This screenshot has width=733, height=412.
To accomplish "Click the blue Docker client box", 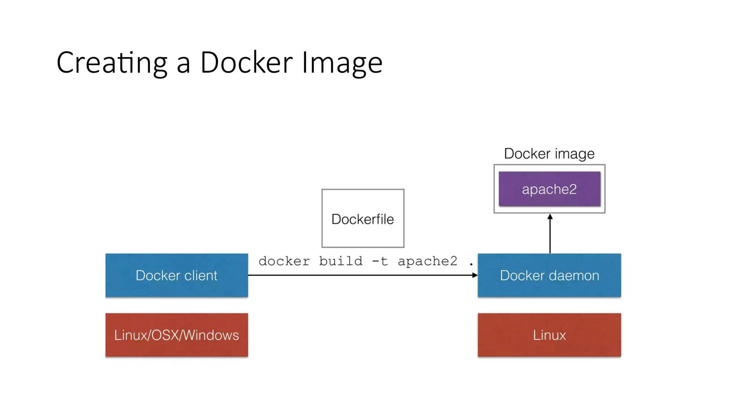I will (176, 275).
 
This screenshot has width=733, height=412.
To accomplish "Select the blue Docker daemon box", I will (549, 275).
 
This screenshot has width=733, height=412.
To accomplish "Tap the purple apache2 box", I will (549, 189).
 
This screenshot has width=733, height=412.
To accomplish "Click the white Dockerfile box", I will (363, 219).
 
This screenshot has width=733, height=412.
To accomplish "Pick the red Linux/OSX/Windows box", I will (176, 335).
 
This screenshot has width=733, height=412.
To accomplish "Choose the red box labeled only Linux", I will (549, 335).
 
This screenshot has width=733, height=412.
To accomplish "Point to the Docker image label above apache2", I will (549, 153).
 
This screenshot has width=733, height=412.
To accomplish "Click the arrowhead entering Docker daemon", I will (475, 275).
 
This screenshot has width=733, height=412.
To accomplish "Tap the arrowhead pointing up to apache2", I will (550, 217).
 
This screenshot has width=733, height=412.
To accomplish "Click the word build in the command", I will (340, 261).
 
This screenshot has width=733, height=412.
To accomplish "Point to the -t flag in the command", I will (380, 261).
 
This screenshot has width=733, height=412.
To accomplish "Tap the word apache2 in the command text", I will (427, 261).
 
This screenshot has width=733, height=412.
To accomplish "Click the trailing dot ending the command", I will (471, 264).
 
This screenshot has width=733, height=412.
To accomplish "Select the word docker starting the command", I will (284, 261).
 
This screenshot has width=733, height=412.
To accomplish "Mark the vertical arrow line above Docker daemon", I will (550, 236).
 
